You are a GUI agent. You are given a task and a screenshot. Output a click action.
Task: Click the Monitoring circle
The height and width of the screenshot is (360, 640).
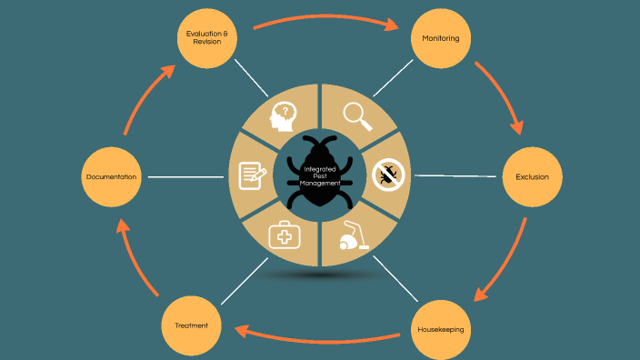coord(441,39)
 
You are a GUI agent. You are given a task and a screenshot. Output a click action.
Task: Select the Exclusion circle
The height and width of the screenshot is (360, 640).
coord(532,176)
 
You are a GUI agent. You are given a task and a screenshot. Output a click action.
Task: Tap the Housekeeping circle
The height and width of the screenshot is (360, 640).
coord(441,328)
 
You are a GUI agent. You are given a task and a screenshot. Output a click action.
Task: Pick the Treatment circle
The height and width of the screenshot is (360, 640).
coord(191,325)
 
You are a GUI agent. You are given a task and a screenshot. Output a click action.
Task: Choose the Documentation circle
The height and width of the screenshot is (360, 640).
coord(112,176)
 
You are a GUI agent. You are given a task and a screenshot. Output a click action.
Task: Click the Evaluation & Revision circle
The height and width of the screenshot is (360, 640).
coord(206,38)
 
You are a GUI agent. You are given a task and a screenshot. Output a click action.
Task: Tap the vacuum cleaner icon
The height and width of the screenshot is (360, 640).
coord(355,237)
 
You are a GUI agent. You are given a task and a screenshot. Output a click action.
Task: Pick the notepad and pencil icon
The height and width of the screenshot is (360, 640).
coord(252,175)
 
